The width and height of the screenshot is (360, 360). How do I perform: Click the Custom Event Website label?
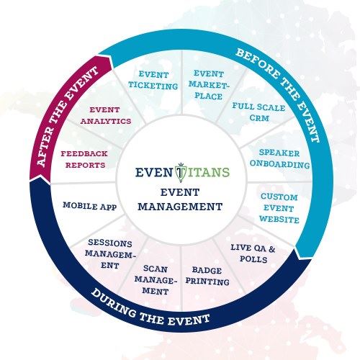[279, 207]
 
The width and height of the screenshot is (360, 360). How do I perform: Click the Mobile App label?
[89, 205]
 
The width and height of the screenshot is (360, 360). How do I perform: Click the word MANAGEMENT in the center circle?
[180, 205]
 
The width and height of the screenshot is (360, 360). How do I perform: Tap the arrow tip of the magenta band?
[109, 59]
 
